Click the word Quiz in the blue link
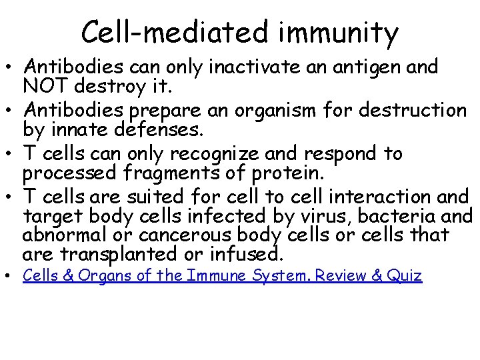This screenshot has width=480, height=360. tap(403, 275)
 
